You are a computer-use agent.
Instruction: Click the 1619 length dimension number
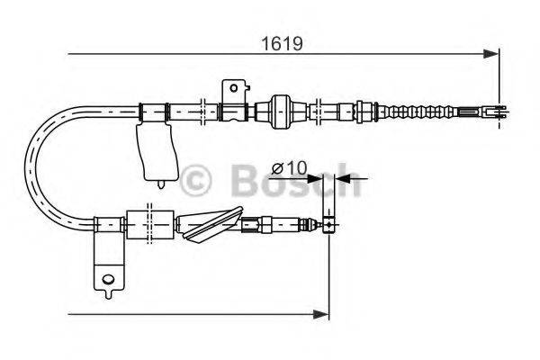tap(281, 42)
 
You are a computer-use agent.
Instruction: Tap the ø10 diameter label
tap(289, 166)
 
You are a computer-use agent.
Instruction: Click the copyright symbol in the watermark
tap(198, 180)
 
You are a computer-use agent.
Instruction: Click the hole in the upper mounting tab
tap(236, 87)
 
